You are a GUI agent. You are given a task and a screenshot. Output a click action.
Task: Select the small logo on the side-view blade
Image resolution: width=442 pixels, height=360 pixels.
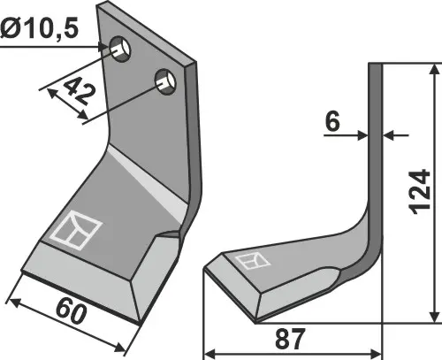(252, 261)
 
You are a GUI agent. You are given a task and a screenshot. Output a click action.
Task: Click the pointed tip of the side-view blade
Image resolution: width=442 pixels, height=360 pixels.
(205, 268)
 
